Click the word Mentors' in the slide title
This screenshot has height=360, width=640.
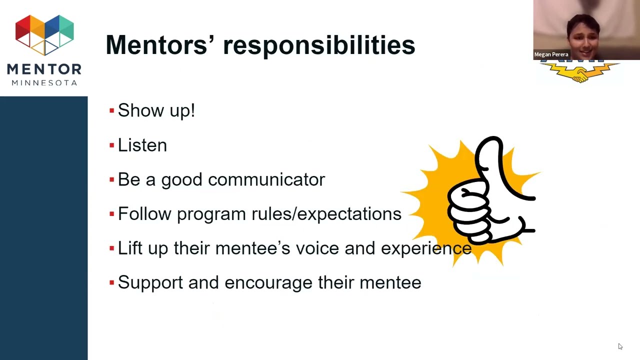click(x=156, y=45)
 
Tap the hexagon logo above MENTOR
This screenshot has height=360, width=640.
click(x=44, y=34)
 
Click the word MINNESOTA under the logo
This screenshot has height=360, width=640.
click(x=44, y=82)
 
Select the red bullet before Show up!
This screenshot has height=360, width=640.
click(x=111, y=110)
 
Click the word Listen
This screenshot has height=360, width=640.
click(x=142, y=145)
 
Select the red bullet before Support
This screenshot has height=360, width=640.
click(x=111, y=282)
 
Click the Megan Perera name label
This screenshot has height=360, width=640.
click(x=551, y=54)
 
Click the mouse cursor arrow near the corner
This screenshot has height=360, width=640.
click(x=620, y=346)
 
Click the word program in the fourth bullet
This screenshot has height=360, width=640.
click(x=211, y=214)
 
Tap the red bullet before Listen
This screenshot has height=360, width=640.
click(x=111, y=145)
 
